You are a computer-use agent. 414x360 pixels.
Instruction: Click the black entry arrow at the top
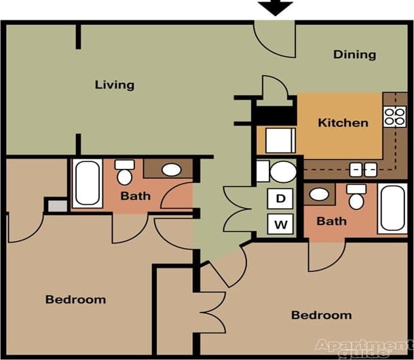276,8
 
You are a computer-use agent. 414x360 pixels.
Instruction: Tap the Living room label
114,85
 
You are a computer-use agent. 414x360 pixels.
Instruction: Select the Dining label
354,55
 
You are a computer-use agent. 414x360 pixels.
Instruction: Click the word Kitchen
343,123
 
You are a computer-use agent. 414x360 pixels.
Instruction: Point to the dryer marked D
280,199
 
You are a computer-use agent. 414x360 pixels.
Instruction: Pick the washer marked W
280,222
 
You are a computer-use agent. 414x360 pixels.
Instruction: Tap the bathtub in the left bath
88,183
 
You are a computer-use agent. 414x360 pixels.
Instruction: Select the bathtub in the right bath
393,208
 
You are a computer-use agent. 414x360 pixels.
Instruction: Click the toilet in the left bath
124,174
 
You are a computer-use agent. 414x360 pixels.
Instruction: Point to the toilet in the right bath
356,197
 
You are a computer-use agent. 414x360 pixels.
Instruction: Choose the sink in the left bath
171,169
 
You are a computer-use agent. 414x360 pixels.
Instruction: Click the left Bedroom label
75,299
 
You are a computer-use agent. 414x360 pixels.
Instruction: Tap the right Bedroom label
321,315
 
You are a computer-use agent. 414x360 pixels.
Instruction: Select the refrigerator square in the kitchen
279,140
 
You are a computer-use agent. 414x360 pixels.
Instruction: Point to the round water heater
283,172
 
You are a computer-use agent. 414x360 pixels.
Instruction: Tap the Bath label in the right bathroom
331,221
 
